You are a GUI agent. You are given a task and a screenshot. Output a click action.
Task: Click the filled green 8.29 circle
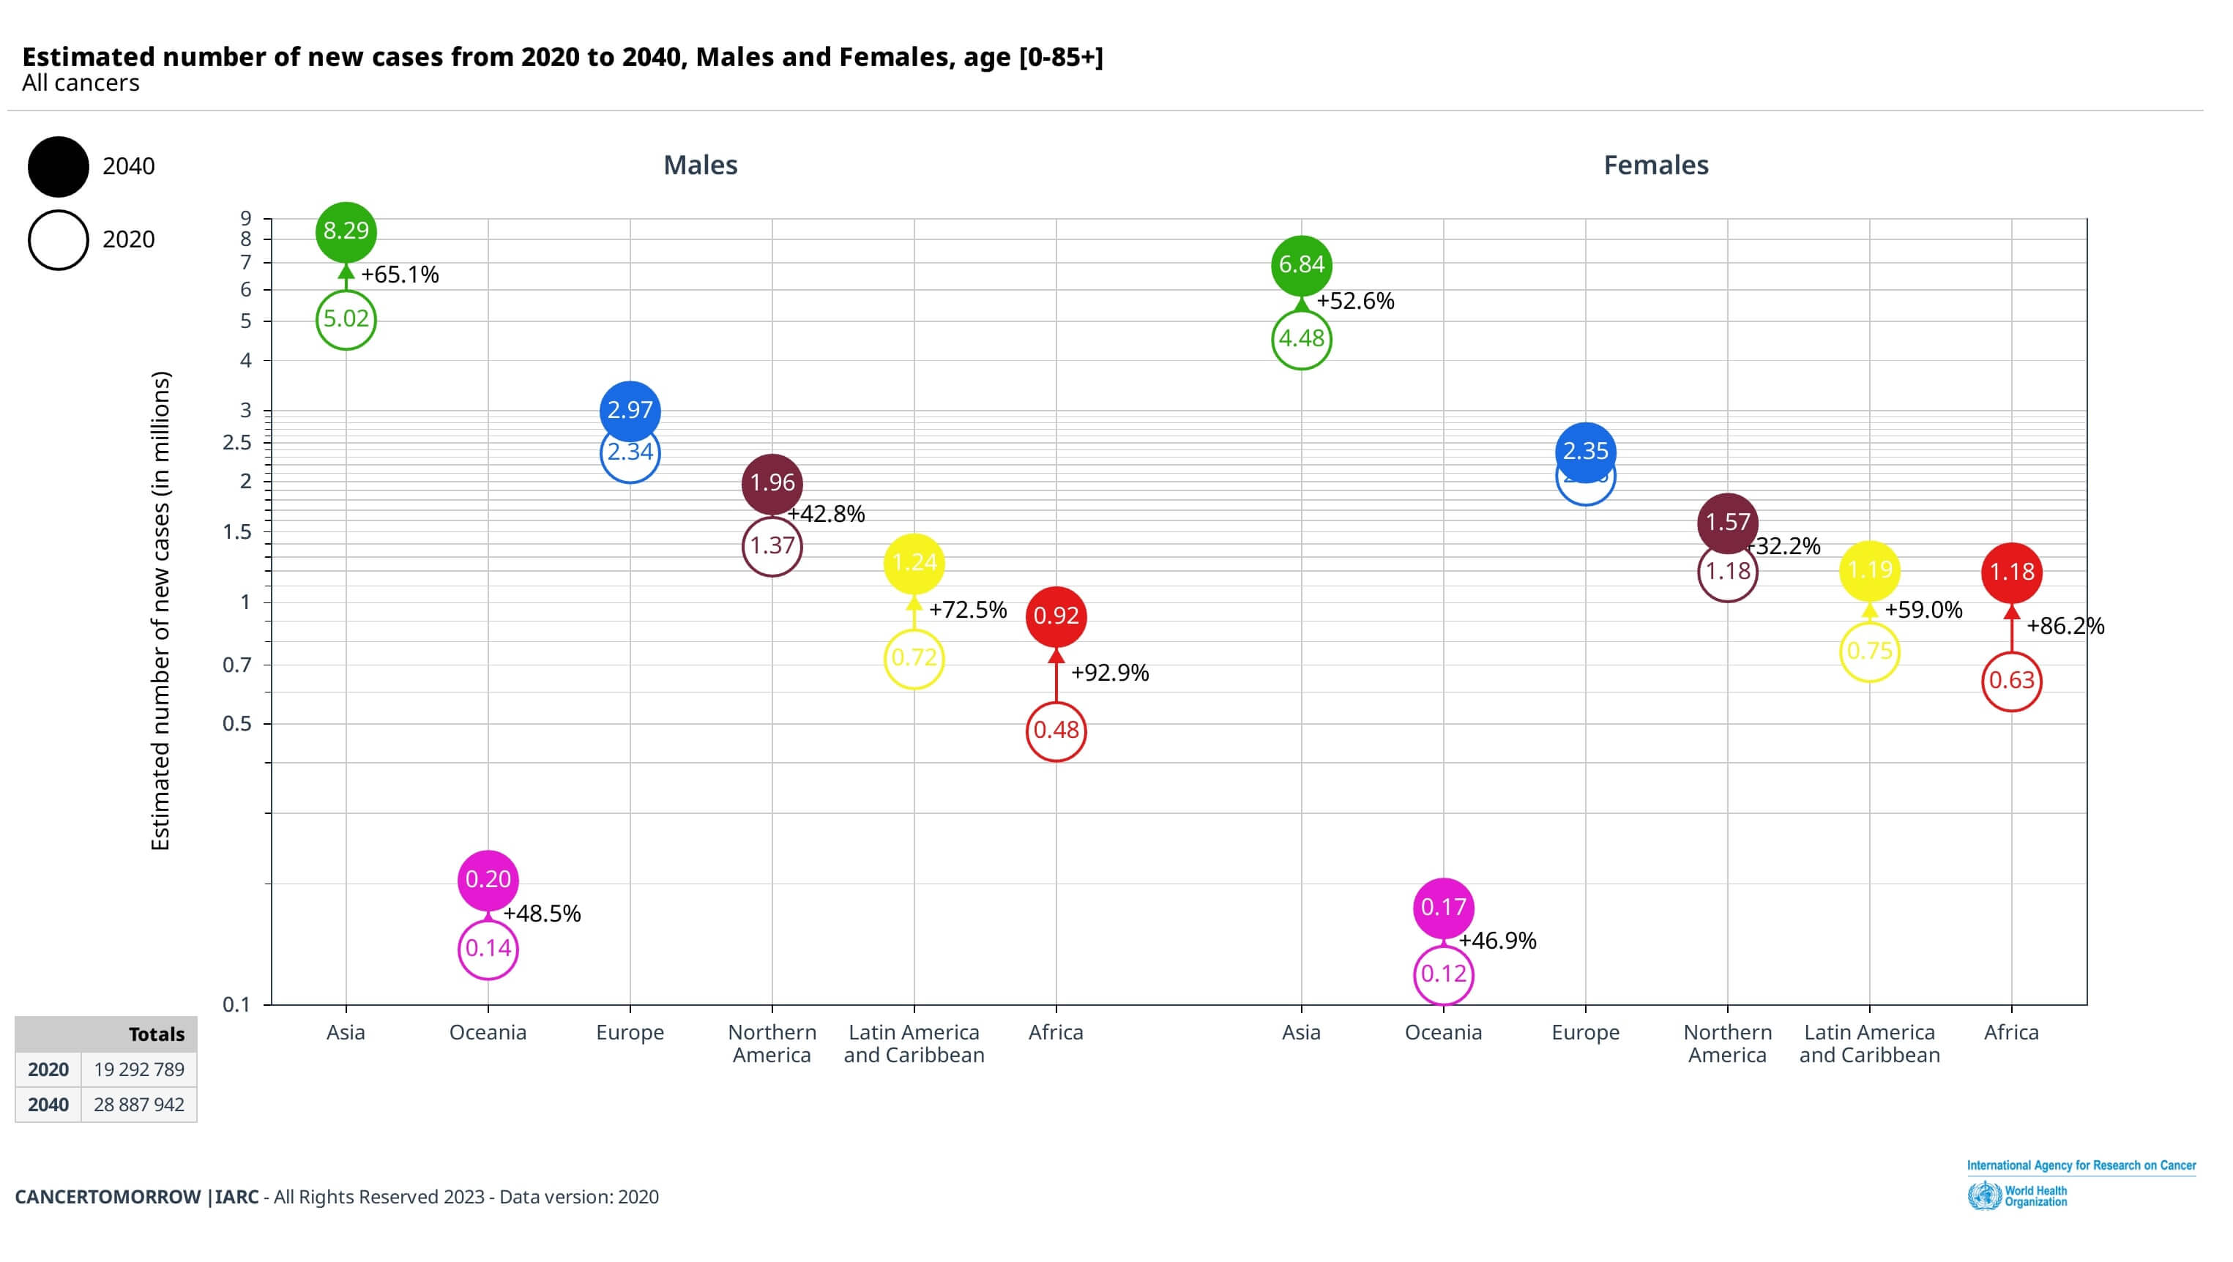346,231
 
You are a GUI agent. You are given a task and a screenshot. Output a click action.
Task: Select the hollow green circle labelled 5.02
346,320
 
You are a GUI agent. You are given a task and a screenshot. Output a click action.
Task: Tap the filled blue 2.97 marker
630,410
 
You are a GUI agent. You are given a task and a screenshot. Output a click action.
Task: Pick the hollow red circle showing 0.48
1056,731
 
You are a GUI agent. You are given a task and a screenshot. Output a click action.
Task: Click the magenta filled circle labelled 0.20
488,880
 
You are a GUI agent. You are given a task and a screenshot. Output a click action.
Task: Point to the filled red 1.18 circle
2011,572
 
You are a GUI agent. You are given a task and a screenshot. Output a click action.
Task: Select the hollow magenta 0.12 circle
1443,974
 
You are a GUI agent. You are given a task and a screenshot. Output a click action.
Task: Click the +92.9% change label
1110,673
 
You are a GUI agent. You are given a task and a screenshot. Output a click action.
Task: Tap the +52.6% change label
1356,301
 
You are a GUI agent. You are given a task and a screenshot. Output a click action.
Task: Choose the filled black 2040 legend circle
58,166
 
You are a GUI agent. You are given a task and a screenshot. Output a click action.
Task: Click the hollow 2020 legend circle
58,240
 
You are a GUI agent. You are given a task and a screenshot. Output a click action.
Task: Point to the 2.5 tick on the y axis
236,443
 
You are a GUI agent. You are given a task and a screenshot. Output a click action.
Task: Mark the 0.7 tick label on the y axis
236,665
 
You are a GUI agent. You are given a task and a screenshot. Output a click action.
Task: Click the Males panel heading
701,165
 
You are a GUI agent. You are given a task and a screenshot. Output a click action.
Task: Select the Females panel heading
1655,165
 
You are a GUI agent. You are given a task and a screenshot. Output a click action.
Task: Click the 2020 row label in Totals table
48,1069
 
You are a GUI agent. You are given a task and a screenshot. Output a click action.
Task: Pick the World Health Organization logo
2018,1196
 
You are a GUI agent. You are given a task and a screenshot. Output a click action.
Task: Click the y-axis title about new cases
161,611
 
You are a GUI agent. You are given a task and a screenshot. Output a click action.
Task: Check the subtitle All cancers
81,83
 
